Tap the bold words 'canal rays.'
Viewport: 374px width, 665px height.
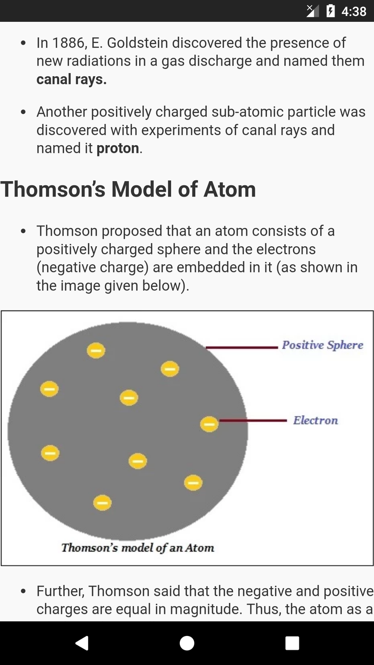(x=71, y=80)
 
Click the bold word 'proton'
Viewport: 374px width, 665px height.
(x=118, y=149)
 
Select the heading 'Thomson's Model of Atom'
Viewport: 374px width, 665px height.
(x=128, y=189)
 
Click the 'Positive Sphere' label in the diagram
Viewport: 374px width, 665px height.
(x=322, y=345)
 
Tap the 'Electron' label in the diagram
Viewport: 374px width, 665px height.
(x=315, y=420)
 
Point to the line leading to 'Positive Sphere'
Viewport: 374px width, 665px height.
(x=242, y=347)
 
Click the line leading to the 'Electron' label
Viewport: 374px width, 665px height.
(x=253, y=421)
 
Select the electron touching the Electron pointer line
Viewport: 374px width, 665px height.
(x=209, y=424)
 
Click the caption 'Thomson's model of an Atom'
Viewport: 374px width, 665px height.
(x=138, y=548)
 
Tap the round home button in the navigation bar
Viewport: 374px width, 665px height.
(x=187, y=643)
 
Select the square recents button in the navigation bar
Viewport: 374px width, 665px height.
(x=292, y=643)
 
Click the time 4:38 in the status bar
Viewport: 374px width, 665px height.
(x=354, y=11)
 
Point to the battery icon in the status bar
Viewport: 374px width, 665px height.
(x=331, y=11)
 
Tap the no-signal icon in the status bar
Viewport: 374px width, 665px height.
(x=313, y=11)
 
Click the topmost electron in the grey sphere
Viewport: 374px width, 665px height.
(x=96, y=351)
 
